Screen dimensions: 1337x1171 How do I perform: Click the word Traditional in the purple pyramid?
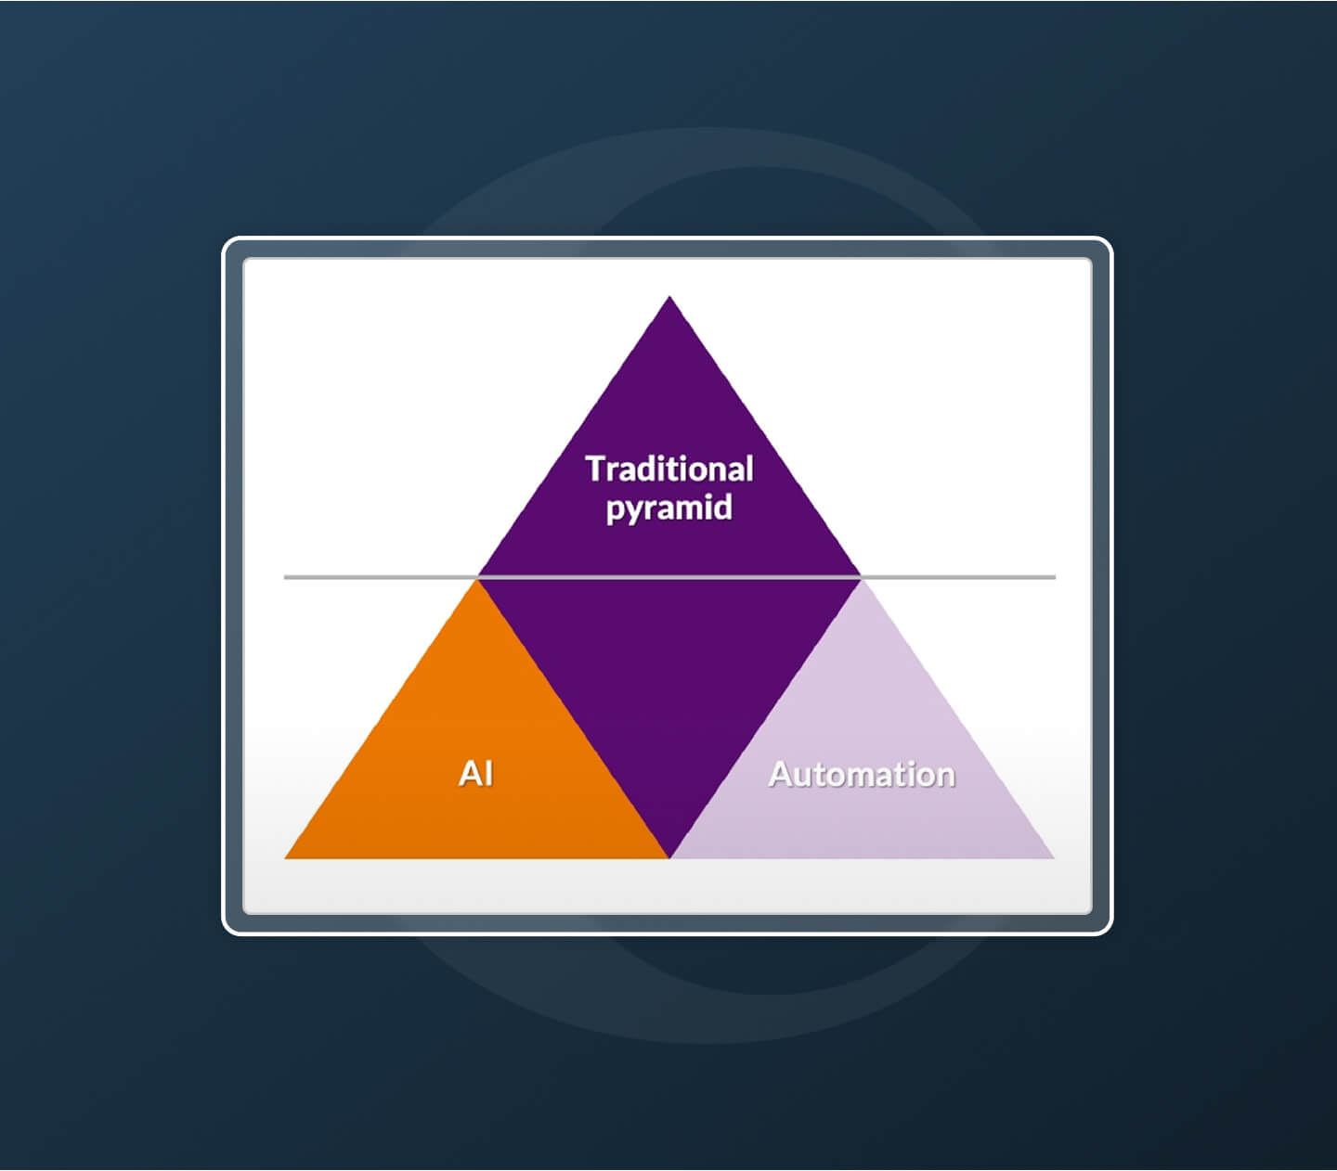pos(669,470)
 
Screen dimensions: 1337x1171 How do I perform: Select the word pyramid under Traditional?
pos(669,508)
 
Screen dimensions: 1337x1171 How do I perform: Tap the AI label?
pos(475,773)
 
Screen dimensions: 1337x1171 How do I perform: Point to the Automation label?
pos(862,774)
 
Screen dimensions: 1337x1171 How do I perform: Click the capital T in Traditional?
pos(596,470)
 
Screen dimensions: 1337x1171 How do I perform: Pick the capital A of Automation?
pos(782,775)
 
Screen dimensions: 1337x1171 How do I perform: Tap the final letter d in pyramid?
pos(724,506)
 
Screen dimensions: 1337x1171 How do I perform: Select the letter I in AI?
pos(488,773)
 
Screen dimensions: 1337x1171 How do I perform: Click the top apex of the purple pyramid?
pos(669,296)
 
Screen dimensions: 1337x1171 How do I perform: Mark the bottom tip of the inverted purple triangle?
pos(669,857)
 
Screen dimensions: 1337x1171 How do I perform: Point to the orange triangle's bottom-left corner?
pos(284,858)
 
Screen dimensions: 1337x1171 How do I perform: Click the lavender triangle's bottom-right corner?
pos(1054,858)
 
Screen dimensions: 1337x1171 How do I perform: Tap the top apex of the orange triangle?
pos(477,579)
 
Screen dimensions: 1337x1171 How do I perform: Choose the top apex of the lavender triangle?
pos(862,579)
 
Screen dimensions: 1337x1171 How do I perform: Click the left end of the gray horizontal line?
pos(284,577)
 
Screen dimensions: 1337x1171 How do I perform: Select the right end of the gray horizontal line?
pos(1056,577)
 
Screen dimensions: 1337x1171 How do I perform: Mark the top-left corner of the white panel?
pos(244,259)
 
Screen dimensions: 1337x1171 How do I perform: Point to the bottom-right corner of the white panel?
pos(1092,914)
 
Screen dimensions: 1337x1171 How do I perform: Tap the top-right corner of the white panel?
pos(1092,259)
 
